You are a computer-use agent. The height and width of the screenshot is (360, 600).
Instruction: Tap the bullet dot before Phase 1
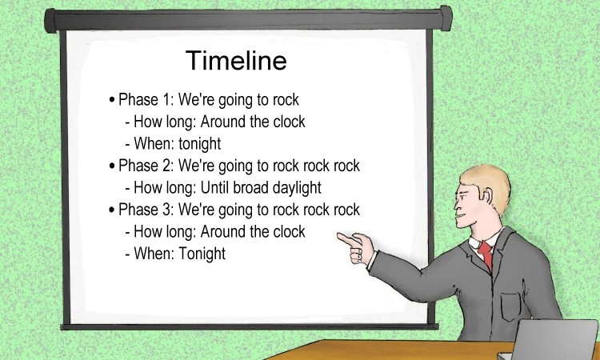click(112, 100)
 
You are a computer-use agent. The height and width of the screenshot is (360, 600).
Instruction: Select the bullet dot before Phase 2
click(112, 166)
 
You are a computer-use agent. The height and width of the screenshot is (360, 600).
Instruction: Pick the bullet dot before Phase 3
click(112, 210)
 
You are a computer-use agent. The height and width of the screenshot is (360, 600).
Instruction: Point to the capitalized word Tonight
click(202, 254)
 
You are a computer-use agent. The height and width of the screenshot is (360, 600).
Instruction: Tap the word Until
click(209, 188)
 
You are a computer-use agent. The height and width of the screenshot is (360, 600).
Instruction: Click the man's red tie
click(486, 256)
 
